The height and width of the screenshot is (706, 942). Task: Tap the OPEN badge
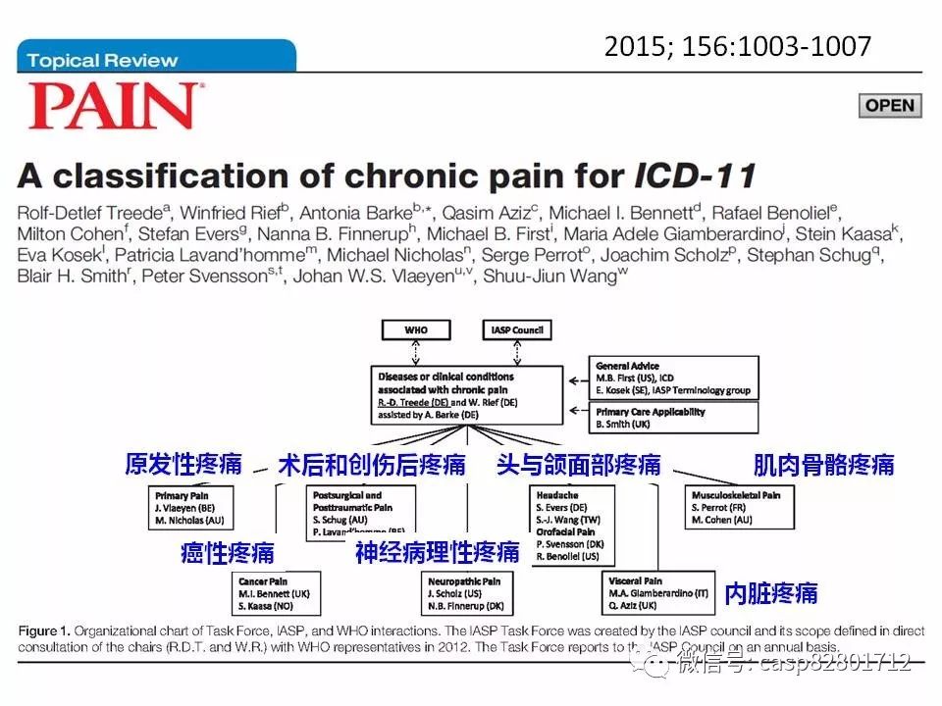(890, 106)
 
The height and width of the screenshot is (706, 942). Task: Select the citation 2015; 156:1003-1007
(737, 46)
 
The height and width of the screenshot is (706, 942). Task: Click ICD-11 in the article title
(694, 177)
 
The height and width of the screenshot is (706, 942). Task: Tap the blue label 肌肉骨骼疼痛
(823, 465)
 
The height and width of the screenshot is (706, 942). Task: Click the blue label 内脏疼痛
(770, 593)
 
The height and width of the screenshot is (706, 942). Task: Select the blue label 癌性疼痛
(228, 552)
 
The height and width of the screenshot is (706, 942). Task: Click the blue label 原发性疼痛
(183, 464)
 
